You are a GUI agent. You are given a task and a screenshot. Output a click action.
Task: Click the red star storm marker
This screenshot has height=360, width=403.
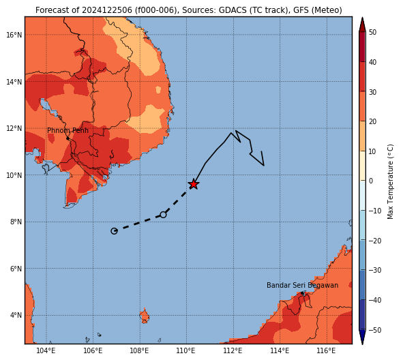193,184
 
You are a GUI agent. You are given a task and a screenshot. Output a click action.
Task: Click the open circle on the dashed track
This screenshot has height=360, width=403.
163,215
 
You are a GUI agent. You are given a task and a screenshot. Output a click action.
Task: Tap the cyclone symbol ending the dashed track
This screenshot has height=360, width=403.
114,231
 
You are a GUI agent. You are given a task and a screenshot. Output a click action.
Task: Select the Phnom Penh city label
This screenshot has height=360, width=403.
68,130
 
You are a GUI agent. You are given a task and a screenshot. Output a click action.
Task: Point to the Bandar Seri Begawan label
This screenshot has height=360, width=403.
302,285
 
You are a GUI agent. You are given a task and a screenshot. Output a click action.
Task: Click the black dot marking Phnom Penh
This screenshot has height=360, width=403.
68,138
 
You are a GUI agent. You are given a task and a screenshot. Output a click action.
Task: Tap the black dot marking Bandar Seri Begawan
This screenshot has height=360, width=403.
302,293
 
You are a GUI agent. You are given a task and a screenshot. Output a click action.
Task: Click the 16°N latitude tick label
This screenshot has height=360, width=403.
14,35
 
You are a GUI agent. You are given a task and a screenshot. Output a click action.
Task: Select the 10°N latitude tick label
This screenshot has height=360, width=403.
14,175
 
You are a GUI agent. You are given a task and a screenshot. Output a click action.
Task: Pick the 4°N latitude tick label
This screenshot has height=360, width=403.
16,315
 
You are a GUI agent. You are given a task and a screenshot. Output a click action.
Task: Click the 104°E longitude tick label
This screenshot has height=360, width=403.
46,350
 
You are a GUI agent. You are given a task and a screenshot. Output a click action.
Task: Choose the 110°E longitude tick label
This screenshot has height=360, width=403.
186,350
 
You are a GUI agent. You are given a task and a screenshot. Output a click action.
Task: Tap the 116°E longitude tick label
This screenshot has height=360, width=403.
327,350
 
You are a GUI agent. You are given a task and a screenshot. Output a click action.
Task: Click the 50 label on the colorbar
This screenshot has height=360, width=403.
373,32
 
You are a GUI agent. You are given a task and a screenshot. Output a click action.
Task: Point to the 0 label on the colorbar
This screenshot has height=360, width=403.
371,181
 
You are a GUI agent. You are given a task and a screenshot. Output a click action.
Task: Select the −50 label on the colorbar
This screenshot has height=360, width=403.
375,330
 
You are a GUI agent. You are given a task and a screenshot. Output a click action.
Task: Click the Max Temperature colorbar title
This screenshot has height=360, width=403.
391,181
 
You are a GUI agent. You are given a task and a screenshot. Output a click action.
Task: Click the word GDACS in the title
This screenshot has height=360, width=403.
230,10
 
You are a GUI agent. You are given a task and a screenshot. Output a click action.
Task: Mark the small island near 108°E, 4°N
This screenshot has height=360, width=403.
145,316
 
